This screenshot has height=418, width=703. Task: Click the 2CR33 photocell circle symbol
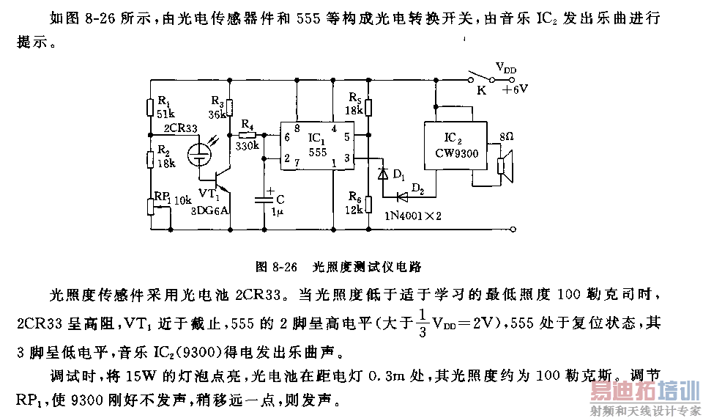pos(198,154)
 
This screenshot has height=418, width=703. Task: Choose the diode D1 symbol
pos(382,174)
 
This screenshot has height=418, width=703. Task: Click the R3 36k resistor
pos(229,109)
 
